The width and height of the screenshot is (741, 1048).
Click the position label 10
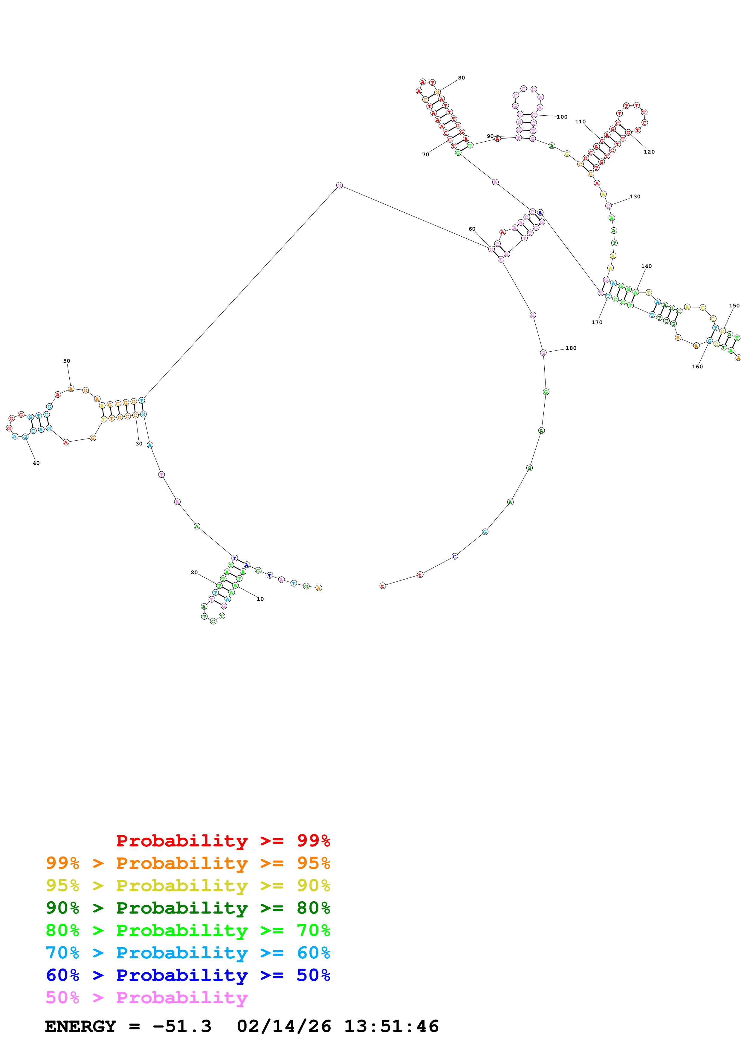point(260,599)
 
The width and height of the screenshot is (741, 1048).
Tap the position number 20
point(194,572)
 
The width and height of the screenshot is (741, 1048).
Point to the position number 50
point(67,361)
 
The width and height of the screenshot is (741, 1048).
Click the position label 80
point(462,78)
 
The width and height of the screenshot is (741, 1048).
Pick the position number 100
point(562,117)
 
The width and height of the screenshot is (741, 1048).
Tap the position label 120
point(649,152)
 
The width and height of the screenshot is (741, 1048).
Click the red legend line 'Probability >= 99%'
point(223,840)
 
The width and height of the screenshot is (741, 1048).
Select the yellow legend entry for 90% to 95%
point(188,885)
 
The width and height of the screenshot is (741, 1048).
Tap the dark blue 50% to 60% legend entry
point(188,975)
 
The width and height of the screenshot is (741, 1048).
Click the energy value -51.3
point(182,1026)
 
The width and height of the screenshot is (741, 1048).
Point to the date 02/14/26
point(284,1026)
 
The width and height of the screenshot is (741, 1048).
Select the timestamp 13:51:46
point(391,1026)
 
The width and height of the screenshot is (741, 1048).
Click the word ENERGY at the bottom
point(80,1026)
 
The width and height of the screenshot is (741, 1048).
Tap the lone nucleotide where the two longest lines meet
point(339,185)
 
